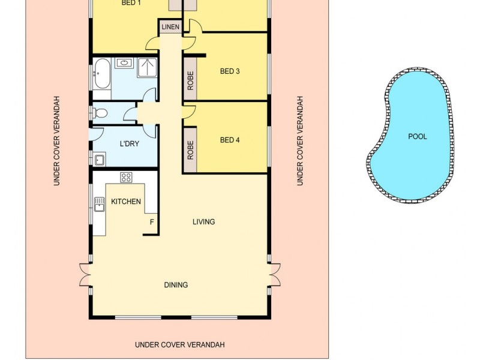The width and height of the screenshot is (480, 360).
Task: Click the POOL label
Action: click(417, 136)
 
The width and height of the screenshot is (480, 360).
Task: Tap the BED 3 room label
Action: click(230, 71)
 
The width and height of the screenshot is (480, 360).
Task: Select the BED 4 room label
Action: click(230, 140)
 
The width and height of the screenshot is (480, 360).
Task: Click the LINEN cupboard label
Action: click(170, 28)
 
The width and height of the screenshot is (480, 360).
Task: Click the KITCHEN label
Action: click(126, 202)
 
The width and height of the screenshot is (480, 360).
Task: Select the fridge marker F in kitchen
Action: click(151, 222)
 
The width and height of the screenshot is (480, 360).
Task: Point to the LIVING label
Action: click(203, 222)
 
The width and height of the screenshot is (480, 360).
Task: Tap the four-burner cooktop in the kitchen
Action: click(126, 177)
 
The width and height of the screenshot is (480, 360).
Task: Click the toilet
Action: click(100, 112)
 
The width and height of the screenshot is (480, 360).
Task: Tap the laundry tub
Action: click(100, 160)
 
